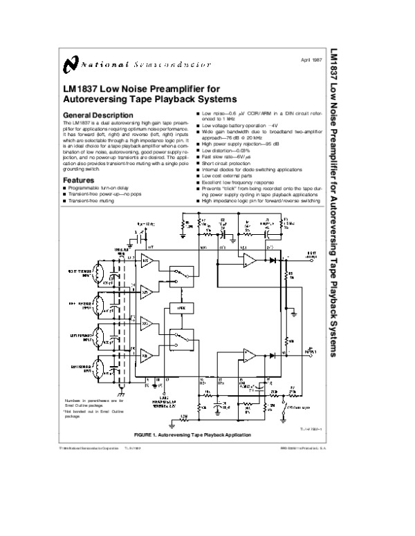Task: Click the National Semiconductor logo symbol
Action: click(x=69, y=64)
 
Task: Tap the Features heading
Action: click(x=78, y=180)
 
